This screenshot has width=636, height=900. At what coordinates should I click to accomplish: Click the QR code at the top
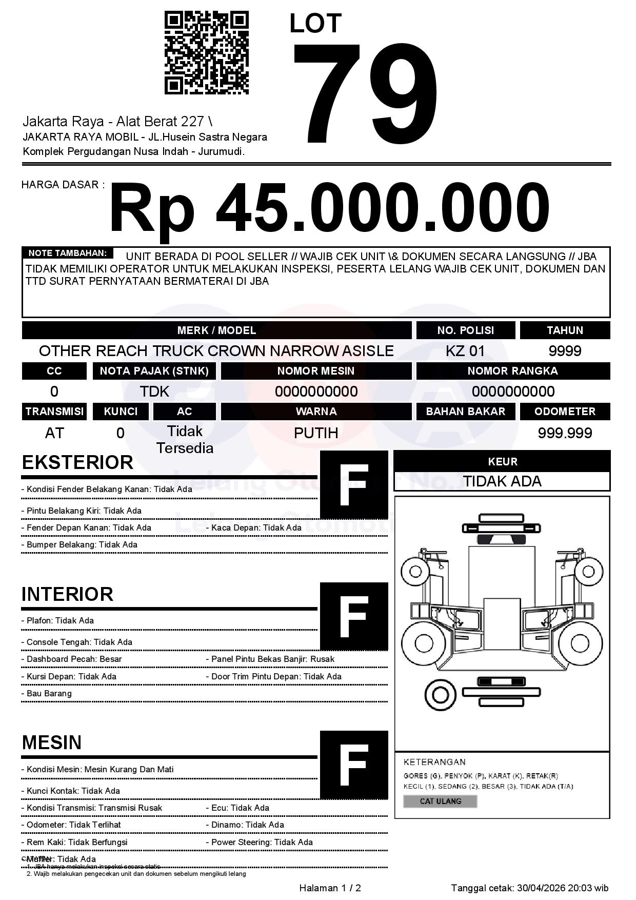pos(206,53)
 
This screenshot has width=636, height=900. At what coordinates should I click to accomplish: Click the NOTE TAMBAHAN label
pos(67,253)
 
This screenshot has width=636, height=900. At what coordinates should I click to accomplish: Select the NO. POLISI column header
pos(465,330)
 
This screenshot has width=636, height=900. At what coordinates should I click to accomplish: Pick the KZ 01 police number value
pos(465,351)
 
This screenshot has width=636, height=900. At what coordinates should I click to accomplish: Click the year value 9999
pos(565,351)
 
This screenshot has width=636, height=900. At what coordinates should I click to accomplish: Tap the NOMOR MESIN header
pos(316,371)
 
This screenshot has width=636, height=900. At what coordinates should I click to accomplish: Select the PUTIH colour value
pos(316,433)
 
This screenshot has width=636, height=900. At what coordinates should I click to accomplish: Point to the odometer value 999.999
pos(565,433)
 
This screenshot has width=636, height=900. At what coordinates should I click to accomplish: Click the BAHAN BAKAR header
pos(465,412)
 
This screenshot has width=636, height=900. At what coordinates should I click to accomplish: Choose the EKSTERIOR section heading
pos(77,462)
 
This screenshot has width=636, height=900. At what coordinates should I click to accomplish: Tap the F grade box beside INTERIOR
pos(354,616)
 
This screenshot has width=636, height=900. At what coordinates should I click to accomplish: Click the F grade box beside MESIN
pos(354,765)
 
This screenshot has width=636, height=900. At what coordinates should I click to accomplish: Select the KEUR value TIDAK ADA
pos(502,481)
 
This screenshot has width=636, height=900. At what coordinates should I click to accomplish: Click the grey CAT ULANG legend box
pos(440,801)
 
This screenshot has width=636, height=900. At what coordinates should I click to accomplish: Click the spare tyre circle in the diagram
pos(440,695)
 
